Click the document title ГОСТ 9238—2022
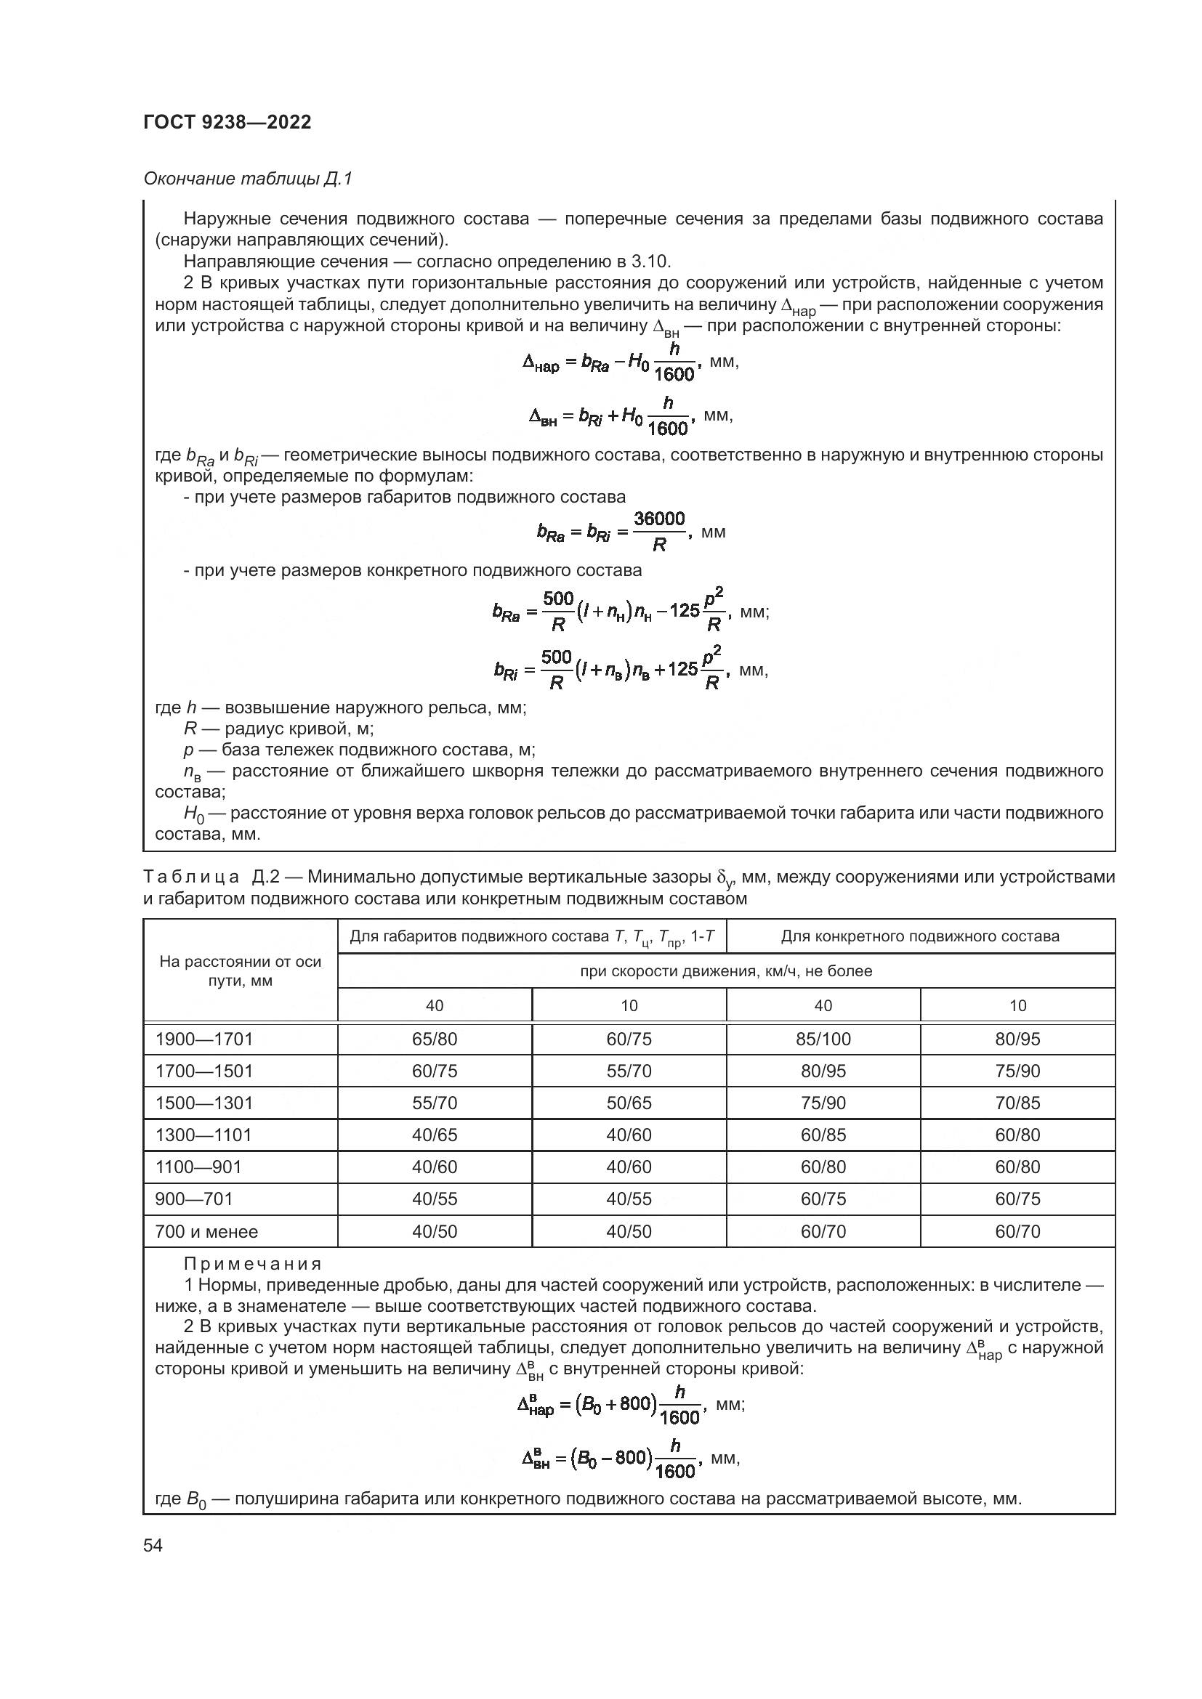click(227, 123)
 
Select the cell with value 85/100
click(823, 1039)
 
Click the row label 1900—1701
click(204, 1039)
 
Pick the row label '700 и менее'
click(206, 1231)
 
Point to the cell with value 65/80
click(435, 1039)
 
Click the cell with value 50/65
click(629, 1103)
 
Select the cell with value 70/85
click(1017, 1103)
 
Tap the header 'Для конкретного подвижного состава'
click(920, 936)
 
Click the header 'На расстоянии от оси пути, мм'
click(241, 971)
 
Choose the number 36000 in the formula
click(659, 519)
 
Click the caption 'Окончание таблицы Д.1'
click(248, 179)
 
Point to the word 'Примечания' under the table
click(252, 1263)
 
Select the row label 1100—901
click(199, 1167)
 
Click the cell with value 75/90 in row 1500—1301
click(823, 1103)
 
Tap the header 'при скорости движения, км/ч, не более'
click(726, 971)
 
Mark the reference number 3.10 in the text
click(649, 261)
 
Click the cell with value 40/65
click(435, 1135)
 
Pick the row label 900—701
click(194, 1199)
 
